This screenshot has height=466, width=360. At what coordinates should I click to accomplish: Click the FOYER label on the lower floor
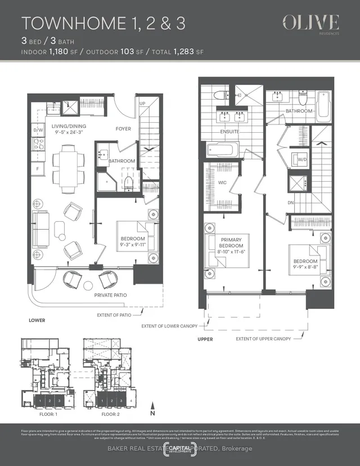point(123,129)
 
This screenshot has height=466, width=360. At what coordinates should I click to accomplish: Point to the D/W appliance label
point(39,130)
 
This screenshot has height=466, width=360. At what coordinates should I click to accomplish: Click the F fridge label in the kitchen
point(38,168)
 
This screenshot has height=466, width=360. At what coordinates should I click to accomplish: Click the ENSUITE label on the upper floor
point(229,132)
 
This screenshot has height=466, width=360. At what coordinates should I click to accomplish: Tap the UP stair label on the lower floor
point(142,104)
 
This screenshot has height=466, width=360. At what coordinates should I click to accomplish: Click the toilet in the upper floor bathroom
point(302,100)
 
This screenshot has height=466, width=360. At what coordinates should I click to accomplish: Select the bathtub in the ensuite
point(223,150)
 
